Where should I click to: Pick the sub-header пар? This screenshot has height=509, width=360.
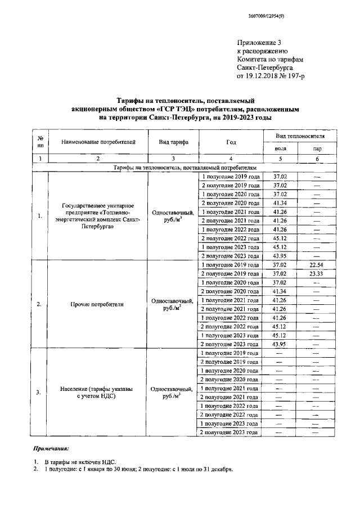click(x=317, y=148)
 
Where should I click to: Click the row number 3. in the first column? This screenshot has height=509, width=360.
click(x=39, y=392)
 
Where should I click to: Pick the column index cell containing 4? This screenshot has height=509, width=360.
click(x=231, y=159)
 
